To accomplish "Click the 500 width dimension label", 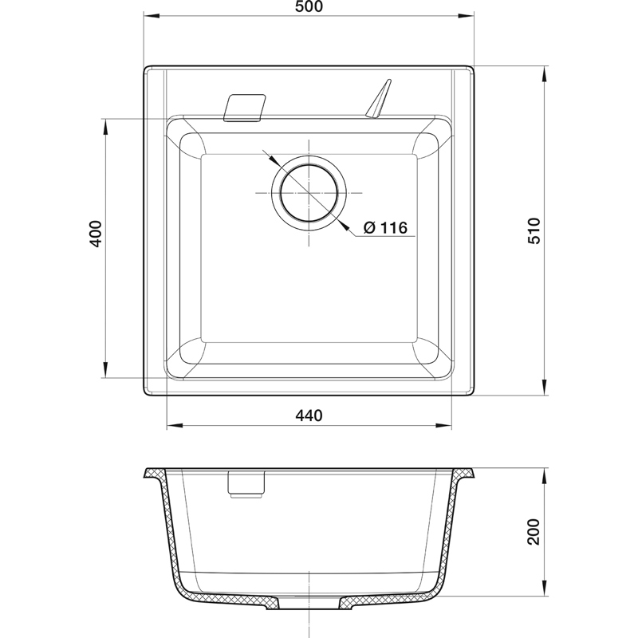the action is pyautogui.click(x=309, y=6).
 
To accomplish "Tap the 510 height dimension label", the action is pyautogui.click(x=534, y=230).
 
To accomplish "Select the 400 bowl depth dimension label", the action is pyautogui.click(x=96, y=234).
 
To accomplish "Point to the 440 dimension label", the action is pyautogui.click(x=309, y=415).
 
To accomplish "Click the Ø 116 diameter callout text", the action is pyautogui.click(x=385, y=227).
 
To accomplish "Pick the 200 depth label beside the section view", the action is pyautogui.click(x=533, y=531).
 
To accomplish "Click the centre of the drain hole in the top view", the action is pyautogui.click(x=309, y=192).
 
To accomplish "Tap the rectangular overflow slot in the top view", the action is pyautogui.click(x=245, y=108).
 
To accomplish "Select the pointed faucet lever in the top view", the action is pyautogui.click(x=378, y=99).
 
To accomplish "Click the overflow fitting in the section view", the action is pyautogui.click(x=246, y=484).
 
